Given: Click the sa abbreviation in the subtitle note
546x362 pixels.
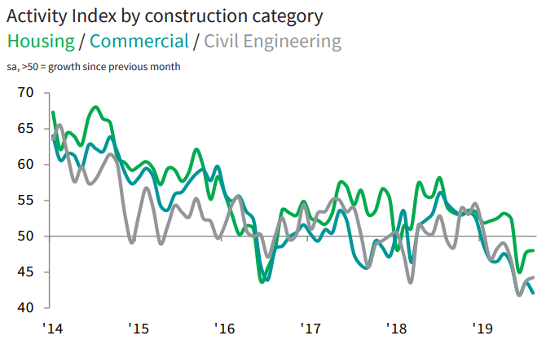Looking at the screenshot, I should click(14, 66).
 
